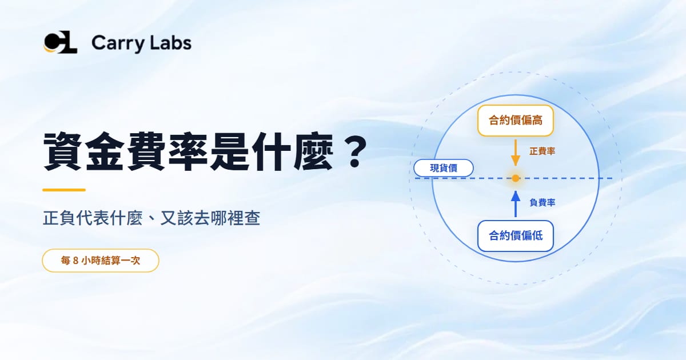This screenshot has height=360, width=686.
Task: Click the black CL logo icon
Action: (61, 42)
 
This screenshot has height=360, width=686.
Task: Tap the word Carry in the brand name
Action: (118, 44)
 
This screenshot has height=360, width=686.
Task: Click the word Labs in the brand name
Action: (171, 42)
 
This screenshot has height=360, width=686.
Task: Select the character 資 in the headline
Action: (63, 151)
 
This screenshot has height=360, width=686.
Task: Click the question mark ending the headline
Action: (354, 152)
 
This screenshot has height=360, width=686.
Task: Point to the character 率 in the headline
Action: (188, 151)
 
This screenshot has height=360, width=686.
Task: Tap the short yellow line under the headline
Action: (63, 190)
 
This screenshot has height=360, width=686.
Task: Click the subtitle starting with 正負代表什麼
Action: (151, 218)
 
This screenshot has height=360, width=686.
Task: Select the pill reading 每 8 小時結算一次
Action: (101, 261)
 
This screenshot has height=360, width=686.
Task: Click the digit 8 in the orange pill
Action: (75, 261)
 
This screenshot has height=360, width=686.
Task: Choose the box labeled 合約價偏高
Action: (516, 121)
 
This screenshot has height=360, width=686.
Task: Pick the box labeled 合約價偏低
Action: (516, 236)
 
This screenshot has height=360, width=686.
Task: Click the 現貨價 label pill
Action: (444, 168)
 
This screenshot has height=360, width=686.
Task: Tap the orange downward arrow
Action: (516, 153)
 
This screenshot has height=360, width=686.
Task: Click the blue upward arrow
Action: (516, 204)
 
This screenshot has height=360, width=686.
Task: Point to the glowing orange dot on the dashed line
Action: (516, 178)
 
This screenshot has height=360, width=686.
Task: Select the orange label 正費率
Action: (542, 151)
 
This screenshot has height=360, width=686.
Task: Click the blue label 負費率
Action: (542, 202)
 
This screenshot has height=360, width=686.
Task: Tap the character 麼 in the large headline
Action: (313, 151)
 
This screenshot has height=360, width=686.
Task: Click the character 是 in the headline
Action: (230, 151)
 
